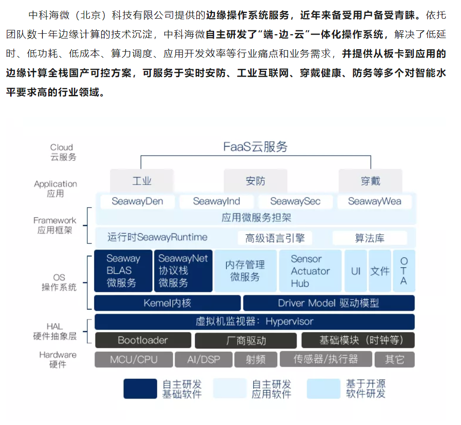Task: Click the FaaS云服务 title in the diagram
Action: pos(255,146)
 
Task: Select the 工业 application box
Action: pos(142,181)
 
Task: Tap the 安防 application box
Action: pos(256,181)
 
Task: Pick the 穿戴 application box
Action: pos(370,181)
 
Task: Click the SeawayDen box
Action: pos(137,201)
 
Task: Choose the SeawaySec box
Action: pos(295,201)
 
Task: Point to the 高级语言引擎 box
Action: pos(275,238)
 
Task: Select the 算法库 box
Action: pos(370,238)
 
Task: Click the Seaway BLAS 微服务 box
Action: pos(123,271)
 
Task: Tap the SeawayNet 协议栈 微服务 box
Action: pos(183,271)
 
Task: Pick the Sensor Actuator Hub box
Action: pos(310,271)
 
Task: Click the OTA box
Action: pos(404,271)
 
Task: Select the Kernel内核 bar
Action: pos(167,303)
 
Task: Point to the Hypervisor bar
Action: pos(255,321)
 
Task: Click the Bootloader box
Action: pos(143,340)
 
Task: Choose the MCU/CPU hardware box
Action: pos(134,359)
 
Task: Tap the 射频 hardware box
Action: pos(256,359)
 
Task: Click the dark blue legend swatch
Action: pos(140,389)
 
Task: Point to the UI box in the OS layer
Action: pos(356,271)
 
